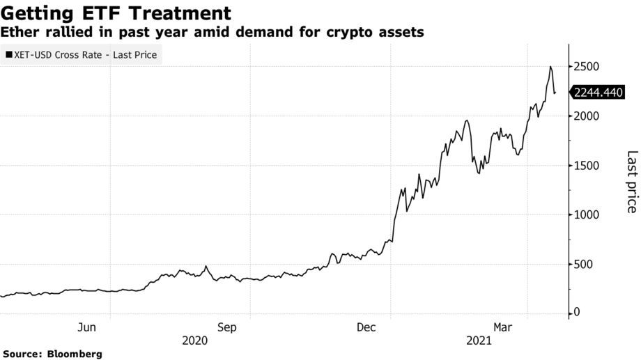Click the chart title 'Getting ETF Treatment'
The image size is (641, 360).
click(x=116, y=13)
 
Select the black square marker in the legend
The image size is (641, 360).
click(x=8, y=54)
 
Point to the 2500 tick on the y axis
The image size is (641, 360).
click(x=587, y=67)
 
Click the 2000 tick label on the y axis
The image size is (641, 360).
click(x=587, y=116)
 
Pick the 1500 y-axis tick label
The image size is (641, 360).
click(x=587, y=166)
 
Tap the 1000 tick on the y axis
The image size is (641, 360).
click(x=587, y=215)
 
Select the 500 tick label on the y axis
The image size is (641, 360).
click(x=585, y=265)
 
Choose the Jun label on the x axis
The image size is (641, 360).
click(x=87, y=326)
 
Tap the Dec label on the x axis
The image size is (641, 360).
click(x=366, y=326)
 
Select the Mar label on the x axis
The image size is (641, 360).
click(x=504, y=326)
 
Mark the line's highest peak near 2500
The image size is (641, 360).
click(x=550, y=67)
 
